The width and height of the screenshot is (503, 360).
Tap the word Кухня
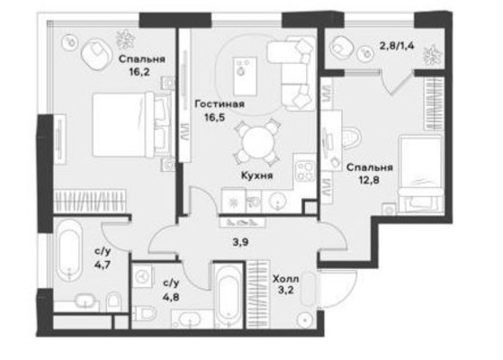257,176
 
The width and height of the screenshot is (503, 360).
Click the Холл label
286,280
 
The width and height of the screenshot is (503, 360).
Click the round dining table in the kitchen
257,139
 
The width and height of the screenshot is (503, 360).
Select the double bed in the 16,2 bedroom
130,121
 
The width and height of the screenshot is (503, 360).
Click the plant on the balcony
432,53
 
